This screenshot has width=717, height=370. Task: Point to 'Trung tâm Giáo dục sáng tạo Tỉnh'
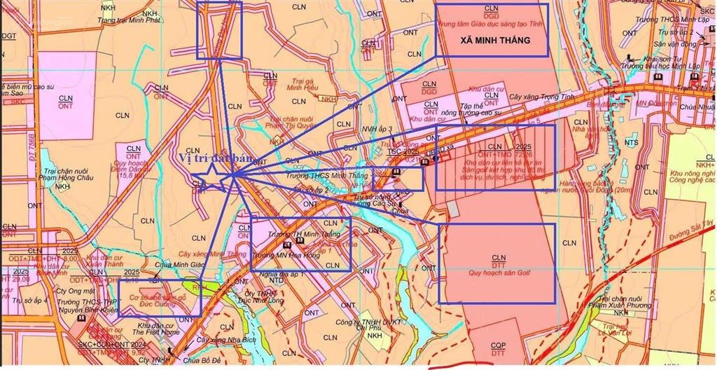click(491, 24)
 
